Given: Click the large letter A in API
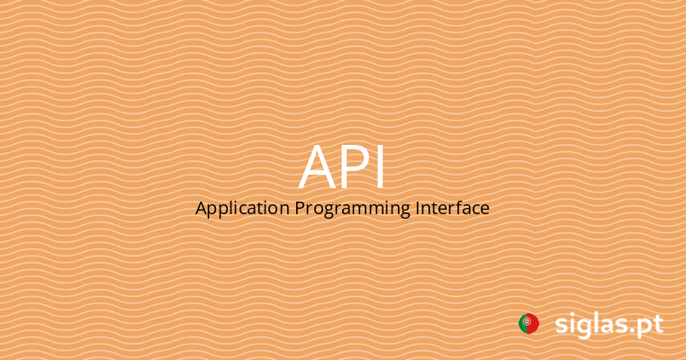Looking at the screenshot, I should [x=319, y=168].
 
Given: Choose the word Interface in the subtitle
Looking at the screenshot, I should [x=453, y=208].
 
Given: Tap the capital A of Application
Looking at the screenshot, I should [x=202, y=208].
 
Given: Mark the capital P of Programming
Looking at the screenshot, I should [x=300, y=208].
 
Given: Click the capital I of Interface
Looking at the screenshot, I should [x=419, y=208].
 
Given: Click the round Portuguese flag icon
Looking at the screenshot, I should [x=528, y=324].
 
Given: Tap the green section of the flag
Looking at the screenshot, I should [x=522, y=324].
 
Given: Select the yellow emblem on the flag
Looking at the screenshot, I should [x=527, y=321].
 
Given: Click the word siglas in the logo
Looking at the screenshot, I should [x=590, y=325].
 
